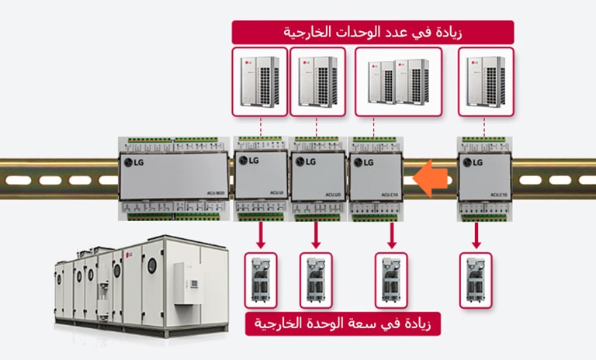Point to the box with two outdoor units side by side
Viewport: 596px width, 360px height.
coord(398,81)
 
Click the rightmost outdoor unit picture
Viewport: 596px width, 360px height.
coord(486,81)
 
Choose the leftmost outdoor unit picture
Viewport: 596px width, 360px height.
coord(260,81)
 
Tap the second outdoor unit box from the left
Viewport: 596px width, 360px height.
coord(317,81)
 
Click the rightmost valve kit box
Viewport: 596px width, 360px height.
coord(476,279)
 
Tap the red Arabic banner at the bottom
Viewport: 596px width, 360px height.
coord(342,323)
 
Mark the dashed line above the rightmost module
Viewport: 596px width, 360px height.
coord(485,126)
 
